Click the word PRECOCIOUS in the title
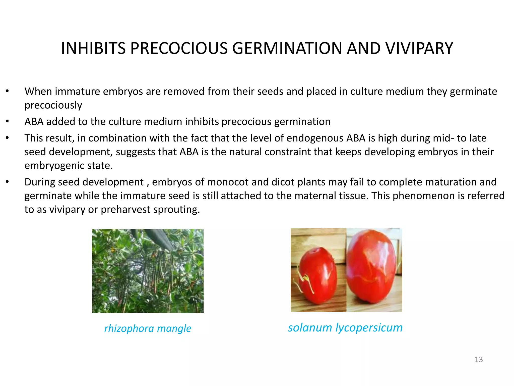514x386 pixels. pyautogui.click(x=178, y=48)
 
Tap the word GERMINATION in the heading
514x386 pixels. pyautogui.click(x=287, y=48)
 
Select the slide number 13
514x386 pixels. pyautogui.click(x=479, y=360)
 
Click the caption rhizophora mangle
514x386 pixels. pyautogui.click(x=148, y=328)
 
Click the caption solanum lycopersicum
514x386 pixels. pyautogui.click(x=345, y=327)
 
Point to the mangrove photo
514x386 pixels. pyautogui.click(x=148, y=271)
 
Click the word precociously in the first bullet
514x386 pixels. pyautogui.click(x=53, y=105)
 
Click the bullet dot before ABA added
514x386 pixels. pyautogui.click(x=7, y=122)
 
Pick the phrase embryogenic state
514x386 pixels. pyautogui.click(x=68, y=166)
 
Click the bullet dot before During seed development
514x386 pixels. pyautogui.click(x=7, y=182)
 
